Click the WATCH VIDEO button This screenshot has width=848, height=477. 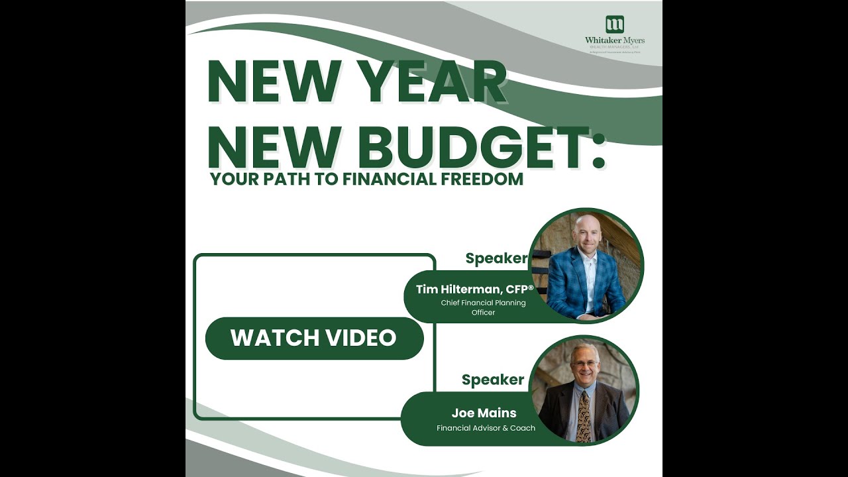(x=314, y=338)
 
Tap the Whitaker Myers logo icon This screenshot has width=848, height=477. (x=615, y=25)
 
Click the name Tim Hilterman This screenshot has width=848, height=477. (x=457, y=289)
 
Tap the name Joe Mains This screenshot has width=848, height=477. (x=484, y=413)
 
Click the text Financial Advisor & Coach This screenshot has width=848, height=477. (x=486, y=428)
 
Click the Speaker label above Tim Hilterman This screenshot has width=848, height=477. (x=496, y=258)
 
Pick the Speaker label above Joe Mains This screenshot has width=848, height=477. (x=492, y=380)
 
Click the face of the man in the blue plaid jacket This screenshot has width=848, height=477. (x=586, y=232)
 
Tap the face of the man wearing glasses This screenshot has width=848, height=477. (x=584, y=362)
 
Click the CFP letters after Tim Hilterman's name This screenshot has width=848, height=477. (x=517, y=289)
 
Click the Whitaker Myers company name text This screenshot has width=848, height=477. (x=614, y=40)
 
